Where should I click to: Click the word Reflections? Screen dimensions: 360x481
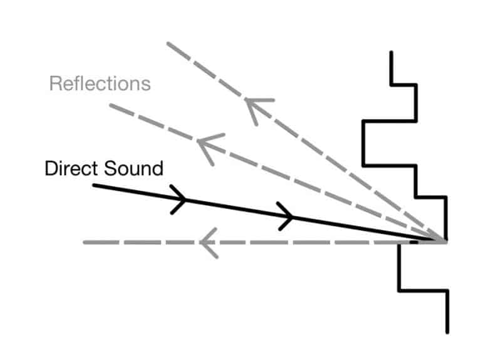[100, 83]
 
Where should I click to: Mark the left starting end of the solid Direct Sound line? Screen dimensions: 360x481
[94, 185]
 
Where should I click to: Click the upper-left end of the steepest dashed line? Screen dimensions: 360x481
[168, 43]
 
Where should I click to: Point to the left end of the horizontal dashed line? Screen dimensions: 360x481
[85, 242]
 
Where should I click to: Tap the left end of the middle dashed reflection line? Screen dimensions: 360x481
[111, 105]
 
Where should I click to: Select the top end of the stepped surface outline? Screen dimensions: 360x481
[391, 53]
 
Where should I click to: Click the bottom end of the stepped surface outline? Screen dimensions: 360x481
[448, 331]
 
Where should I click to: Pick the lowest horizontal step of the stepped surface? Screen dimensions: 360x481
[423, 290]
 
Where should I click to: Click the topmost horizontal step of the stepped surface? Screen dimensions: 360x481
[404, 84]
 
